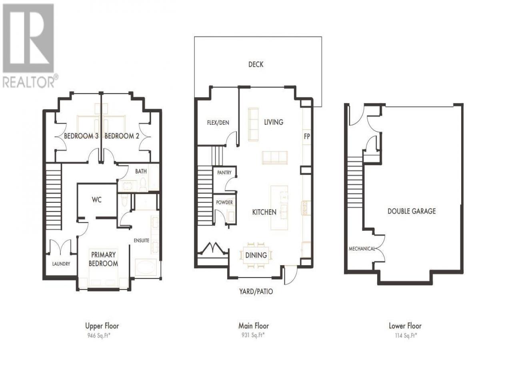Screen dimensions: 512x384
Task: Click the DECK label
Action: (256, 64)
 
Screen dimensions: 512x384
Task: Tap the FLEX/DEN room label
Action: (218, 122)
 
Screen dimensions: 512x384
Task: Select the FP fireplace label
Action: (307, 136)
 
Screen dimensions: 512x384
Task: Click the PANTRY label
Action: (224, 172)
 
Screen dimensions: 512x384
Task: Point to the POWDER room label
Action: (224, 202)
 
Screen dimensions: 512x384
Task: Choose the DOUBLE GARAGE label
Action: (412, 211)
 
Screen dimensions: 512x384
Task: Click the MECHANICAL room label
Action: (362, 249)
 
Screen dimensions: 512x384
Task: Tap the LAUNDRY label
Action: (61, 264)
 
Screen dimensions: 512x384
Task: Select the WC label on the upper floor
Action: (96, 200)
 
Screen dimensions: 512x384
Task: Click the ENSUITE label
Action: (141, 240)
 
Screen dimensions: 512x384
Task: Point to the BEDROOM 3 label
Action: (81, 136)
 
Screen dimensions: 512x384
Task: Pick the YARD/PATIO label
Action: (256, 292)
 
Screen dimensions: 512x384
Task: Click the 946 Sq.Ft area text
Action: (99, 336)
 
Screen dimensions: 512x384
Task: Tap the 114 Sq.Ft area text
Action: (406, 336)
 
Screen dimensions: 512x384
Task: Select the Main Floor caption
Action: (254, 326)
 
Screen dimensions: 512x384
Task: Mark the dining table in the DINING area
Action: (256, 255)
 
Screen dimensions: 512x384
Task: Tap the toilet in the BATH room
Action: (143, 185)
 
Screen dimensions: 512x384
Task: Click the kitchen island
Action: (279, 208)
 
